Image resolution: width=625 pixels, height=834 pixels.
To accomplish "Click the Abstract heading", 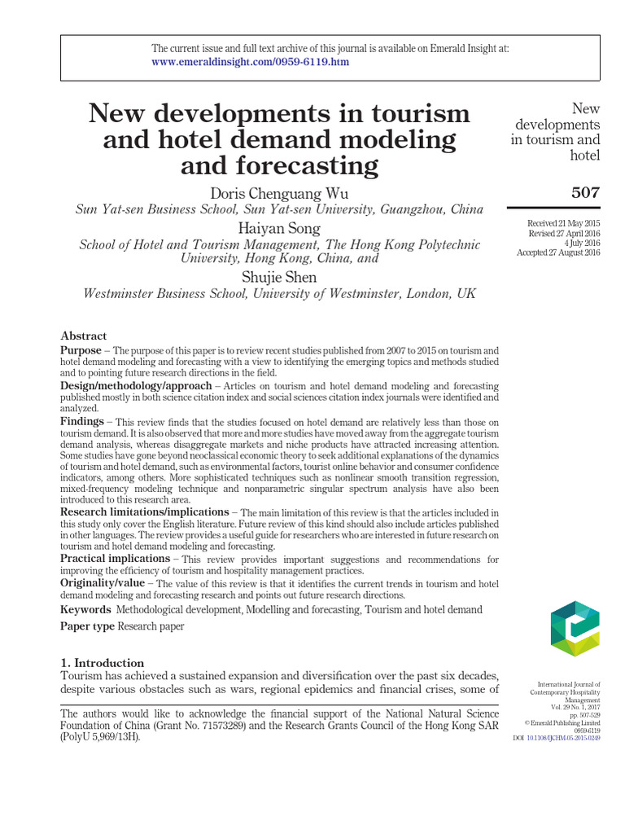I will (84, 336).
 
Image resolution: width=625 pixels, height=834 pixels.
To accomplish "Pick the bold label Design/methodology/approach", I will (131, 384).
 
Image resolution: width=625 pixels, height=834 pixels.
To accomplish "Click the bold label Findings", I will (82, 421).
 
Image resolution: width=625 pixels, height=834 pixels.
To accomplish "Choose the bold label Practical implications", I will (115, 560).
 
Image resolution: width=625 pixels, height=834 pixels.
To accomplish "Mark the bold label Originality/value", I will (103, 583).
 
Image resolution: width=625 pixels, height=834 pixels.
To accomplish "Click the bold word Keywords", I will (85, 609).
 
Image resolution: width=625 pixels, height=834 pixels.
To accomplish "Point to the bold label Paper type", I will (88, 626).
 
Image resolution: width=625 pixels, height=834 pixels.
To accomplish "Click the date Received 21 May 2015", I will (563, 223).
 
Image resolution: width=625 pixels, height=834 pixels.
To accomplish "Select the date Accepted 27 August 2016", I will (558, 252).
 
